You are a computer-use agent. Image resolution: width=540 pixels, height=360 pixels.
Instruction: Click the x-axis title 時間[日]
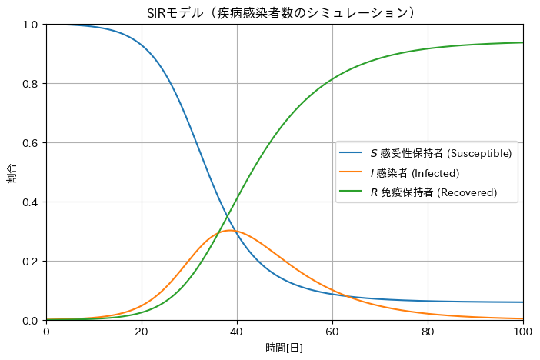point(285,348)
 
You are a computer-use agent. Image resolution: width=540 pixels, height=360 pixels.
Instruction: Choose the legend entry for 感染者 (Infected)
point(415,172)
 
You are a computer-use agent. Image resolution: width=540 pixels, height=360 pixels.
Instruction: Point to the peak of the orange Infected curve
point(230,230)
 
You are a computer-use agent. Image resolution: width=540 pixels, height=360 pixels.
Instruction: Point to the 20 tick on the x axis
point(142,332)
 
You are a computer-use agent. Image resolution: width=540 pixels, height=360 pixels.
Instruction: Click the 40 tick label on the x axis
point(237,332)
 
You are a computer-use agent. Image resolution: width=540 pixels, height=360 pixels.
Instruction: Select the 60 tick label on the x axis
point(332,332)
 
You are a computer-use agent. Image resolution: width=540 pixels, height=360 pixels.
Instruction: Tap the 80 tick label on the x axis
point(428,332)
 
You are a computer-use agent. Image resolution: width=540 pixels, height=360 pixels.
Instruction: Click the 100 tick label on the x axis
point(522,332)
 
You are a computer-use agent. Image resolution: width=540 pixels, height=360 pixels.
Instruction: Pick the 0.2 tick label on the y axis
point(30,262)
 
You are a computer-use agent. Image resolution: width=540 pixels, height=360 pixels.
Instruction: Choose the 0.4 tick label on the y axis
point(30,202)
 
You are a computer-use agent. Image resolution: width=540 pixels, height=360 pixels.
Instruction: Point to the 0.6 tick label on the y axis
point(30,143)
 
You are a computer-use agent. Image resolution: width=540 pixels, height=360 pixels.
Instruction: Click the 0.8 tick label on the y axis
point(30,84)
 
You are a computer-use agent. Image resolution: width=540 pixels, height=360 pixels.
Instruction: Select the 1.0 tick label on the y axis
point(30,25)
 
